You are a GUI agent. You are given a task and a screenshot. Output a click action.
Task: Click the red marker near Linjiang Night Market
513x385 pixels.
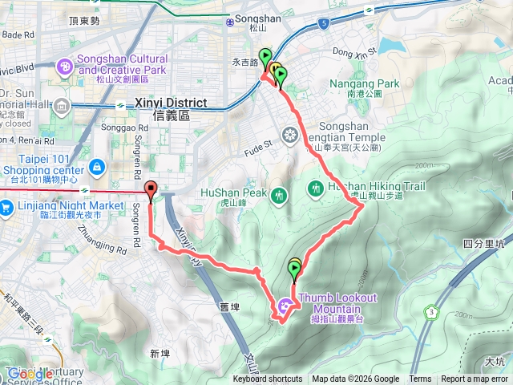[x=151, y=190]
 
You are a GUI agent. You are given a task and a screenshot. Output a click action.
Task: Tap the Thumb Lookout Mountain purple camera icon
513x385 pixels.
[x=285, y=305]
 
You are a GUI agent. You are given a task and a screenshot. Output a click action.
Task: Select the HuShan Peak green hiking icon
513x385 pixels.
[x=279, y=193]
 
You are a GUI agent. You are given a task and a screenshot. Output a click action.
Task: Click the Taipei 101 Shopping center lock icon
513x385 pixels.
[x=96, y=165]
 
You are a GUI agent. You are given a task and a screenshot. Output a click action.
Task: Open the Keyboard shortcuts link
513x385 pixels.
[x=268, y=379]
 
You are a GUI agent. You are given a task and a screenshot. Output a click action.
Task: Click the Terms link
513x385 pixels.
[x=420, y=379]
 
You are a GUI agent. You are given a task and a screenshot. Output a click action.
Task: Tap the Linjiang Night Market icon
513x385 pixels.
[x=7, y=206]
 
